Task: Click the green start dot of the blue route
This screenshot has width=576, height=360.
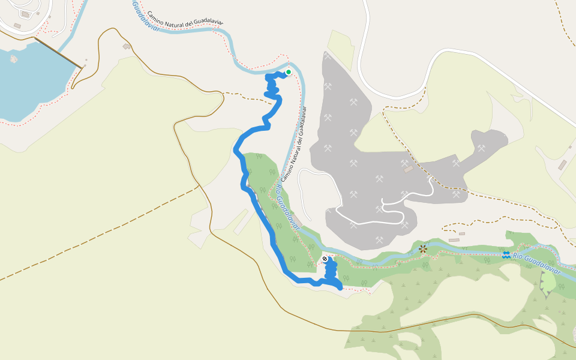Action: point(288,72)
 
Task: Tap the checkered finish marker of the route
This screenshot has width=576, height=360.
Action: point(325,259)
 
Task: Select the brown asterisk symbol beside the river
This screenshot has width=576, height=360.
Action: point(423,248)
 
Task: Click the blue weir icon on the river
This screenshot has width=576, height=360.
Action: point(506,254)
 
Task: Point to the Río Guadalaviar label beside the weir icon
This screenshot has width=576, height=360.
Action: point(537,264)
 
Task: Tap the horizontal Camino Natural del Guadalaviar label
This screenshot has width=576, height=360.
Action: point(185,17)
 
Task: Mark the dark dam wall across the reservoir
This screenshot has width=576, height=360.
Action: point(58,53)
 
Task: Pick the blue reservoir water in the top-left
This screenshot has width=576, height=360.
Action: point(30,84)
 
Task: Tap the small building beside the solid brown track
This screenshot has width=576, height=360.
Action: point(127,46)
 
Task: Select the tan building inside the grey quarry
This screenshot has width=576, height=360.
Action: point(409,170)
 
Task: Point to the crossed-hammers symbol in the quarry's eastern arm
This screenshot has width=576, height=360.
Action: point(481,148)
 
